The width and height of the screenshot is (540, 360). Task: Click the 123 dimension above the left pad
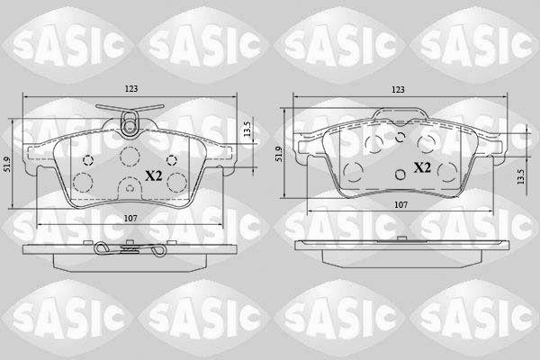(x=131, y=88)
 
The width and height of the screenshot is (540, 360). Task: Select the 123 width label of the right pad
(x=398, y=90)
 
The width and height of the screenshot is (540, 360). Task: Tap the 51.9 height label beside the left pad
(x=6, y=165)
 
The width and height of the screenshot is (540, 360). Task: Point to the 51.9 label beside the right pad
(x=279, y=154)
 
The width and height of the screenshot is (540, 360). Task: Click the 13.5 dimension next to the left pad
(x=247, y=130)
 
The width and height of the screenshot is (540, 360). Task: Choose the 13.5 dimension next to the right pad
(x=521, y=176)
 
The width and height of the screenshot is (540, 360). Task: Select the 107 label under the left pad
(x=130, y=218)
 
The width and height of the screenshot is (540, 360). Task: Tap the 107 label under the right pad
(x=400, y=204)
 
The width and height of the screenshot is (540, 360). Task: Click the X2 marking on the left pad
(x=154, y=176)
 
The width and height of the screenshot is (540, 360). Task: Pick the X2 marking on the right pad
(x=422, y=167)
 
